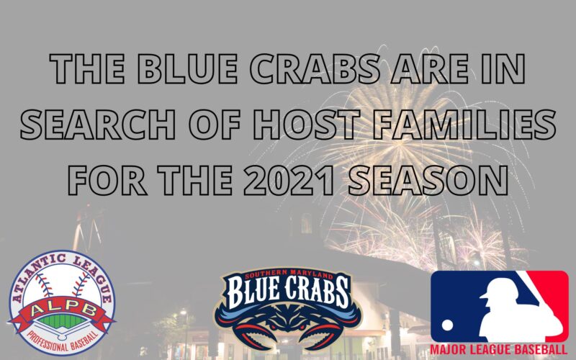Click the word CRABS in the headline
click(315, 68)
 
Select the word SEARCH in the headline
click(98, 124)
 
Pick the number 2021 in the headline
click(289, 180)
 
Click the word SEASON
click(428, 180)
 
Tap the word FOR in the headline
click(107, 180)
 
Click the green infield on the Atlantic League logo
click(62, 321)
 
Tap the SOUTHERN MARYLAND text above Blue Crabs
click(289, 274)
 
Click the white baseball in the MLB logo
click(447, 325)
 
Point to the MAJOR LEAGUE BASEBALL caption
click(499, 349)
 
